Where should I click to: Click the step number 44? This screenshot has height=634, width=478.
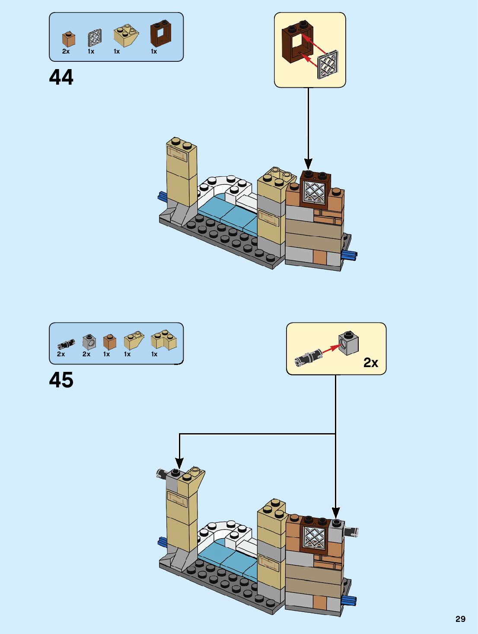click(x=61, y=78)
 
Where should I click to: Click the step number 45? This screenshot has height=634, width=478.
click(x=61, y=380)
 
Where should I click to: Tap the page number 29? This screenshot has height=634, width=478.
click(x=460, y=619)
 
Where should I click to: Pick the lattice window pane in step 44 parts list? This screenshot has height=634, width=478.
click(x=95, y=38)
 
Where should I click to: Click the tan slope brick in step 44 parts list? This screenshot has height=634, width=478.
click(x=126, y=35)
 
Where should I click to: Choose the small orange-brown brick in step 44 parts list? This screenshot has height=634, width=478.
click(x=68, y=39)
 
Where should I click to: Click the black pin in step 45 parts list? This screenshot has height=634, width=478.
click(x=66, y=344)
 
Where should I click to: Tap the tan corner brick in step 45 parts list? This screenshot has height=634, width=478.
click(x=164, y=339)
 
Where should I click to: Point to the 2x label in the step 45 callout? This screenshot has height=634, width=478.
click(x=370, y=362)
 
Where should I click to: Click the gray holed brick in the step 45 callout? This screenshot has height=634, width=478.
click(x=349, y=343)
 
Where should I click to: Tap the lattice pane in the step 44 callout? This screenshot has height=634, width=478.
click(x=328, y=65)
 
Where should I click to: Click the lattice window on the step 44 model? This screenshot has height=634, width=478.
click(x=314, y=191)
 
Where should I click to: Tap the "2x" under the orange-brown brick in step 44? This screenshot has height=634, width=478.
click(x=66, y=51)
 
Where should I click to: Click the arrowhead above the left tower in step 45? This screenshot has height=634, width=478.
click(x=179, y=463)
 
